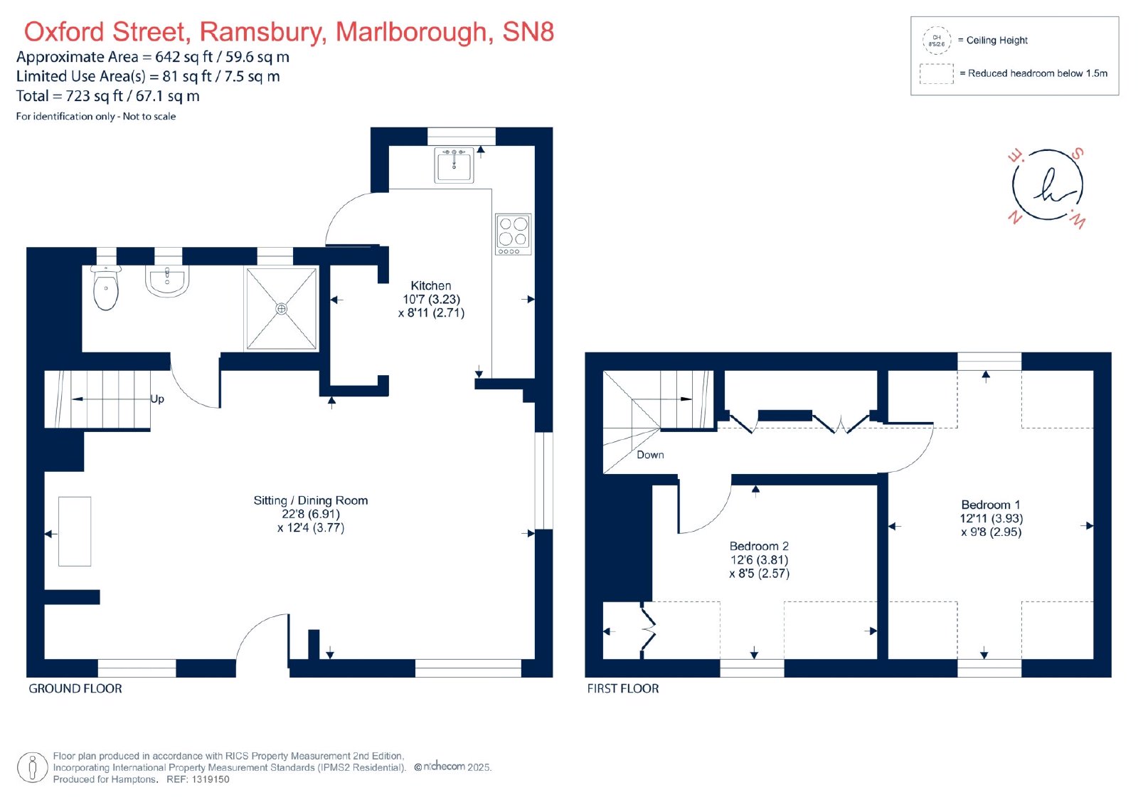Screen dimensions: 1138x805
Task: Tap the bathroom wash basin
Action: coord(167,280)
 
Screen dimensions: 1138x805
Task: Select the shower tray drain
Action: coord(281,309)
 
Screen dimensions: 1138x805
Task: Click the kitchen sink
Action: coord(454,164)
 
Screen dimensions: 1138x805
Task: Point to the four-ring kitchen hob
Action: coord(513,234)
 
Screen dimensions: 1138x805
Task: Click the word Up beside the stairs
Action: coord(157,399)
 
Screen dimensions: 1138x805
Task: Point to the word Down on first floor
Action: coord(650,455)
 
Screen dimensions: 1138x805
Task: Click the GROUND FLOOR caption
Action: coord(75,688)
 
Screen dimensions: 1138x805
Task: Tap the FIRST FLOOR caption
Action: coord(623,688)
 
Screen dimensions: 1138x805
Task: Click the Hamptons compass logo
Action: coord(1047,186)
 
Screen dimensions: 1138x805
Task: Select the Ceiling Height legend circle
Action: coord(936,41)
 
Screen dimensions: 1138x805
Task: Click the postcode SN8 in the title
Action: coord(528,31)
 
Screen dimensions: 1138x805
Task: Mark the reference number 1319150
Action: coord(211,779)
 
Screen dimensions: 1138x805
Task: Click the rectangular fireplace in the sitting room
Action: coord(75,532)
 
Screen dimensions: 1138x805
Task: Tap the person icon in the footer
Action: coord(33,767)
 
